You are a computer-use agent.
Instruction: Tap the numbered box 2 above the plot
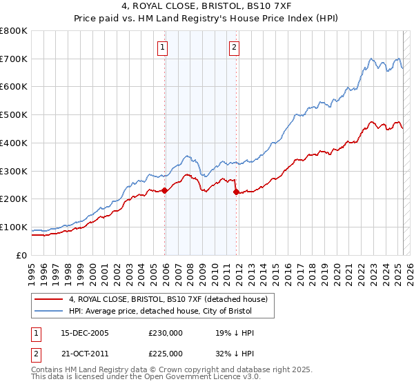[x=235, y=48]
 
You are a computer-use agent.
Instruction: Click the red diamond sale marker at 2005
[x=165, y=190]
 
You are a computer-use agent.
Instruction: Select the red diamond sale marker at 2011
[x=236, y=192]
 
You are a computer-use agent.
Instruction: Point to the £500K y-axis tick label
[x=14, y=115]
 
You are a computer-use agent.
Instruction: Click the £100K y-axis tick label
[x=14, y=227]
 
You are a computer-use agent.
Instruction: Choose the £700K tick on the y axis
[x=14, y=59]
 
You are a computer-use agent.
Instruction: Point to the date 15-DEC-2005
[x=85, y=333]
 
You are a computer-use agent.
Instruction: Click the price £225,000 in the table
[x=166, y=354]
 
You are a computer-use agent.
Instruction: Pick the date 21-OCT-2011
[x=85, y=354]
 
